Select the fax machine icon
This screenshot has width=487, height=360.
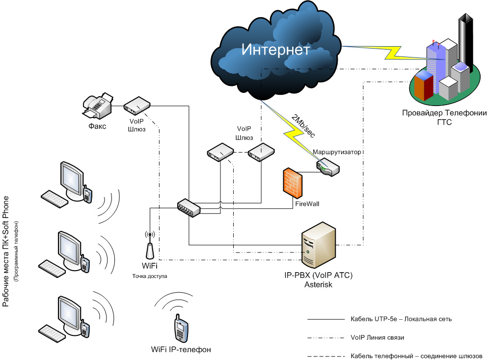pos(98,106)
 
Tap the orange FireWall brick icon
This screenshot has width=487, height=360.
pos(293,183)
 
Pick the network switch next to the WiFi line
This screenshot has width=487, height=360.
pos(189,207)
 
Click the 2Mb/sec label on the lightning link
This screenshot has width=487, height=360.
pos(301,126)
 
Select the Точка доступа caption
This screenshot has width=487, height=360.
pos(150,276)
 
